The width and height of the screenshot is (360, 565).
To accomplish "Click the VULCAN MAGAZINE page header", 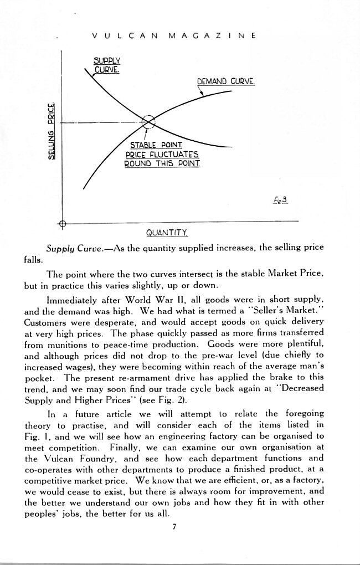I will [x=173, y=35].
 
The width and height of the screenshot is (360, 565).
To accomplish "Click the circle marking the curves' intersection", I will [x=148, y=122].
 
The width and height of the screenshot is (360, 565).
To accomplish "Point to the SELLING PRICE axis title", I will [x=52, y=131].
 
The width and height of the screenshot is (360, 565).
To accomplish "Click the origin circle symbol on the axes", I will [x=62, y=223].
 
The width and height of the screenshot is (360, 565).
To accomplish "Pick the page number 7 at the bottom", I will [x=173, y=526].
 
